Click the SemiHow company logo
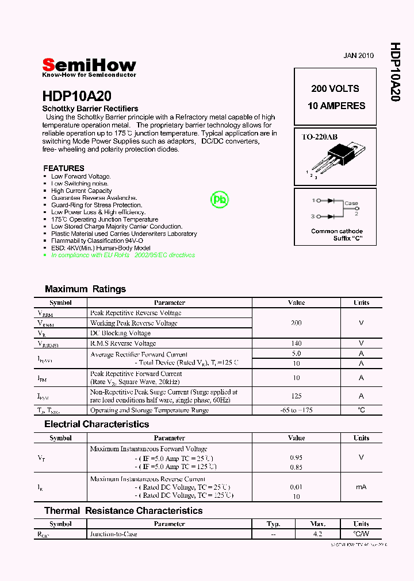click(89, 67)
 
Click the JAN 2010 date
click(358, 56)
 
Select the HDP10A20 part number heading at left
click(76, 96)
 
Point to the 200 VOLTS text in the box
click(335, 88)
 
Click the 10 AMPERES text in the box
click(336, 106)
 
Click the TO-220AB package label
click(320, 137)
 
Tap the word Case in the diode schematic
click(351, 203)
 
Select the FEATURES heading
click(64, 168)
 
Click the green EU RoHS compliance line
click(122, 255)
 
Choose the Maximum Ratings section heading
click(85, 289)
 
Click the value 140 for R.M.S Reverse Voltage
click(296, 343)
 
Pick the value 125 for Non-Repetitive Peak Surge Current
click(296, 396)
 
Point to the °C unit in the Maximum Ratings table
click(361, 410)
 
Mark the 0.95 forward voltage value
click(296, 458)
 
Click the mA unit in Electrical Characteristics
click(361, 487)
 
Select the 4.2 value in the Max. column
click(318, 534)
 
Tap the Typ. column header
click(273, 524)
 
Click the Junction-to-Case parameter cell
click(114, 534)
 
